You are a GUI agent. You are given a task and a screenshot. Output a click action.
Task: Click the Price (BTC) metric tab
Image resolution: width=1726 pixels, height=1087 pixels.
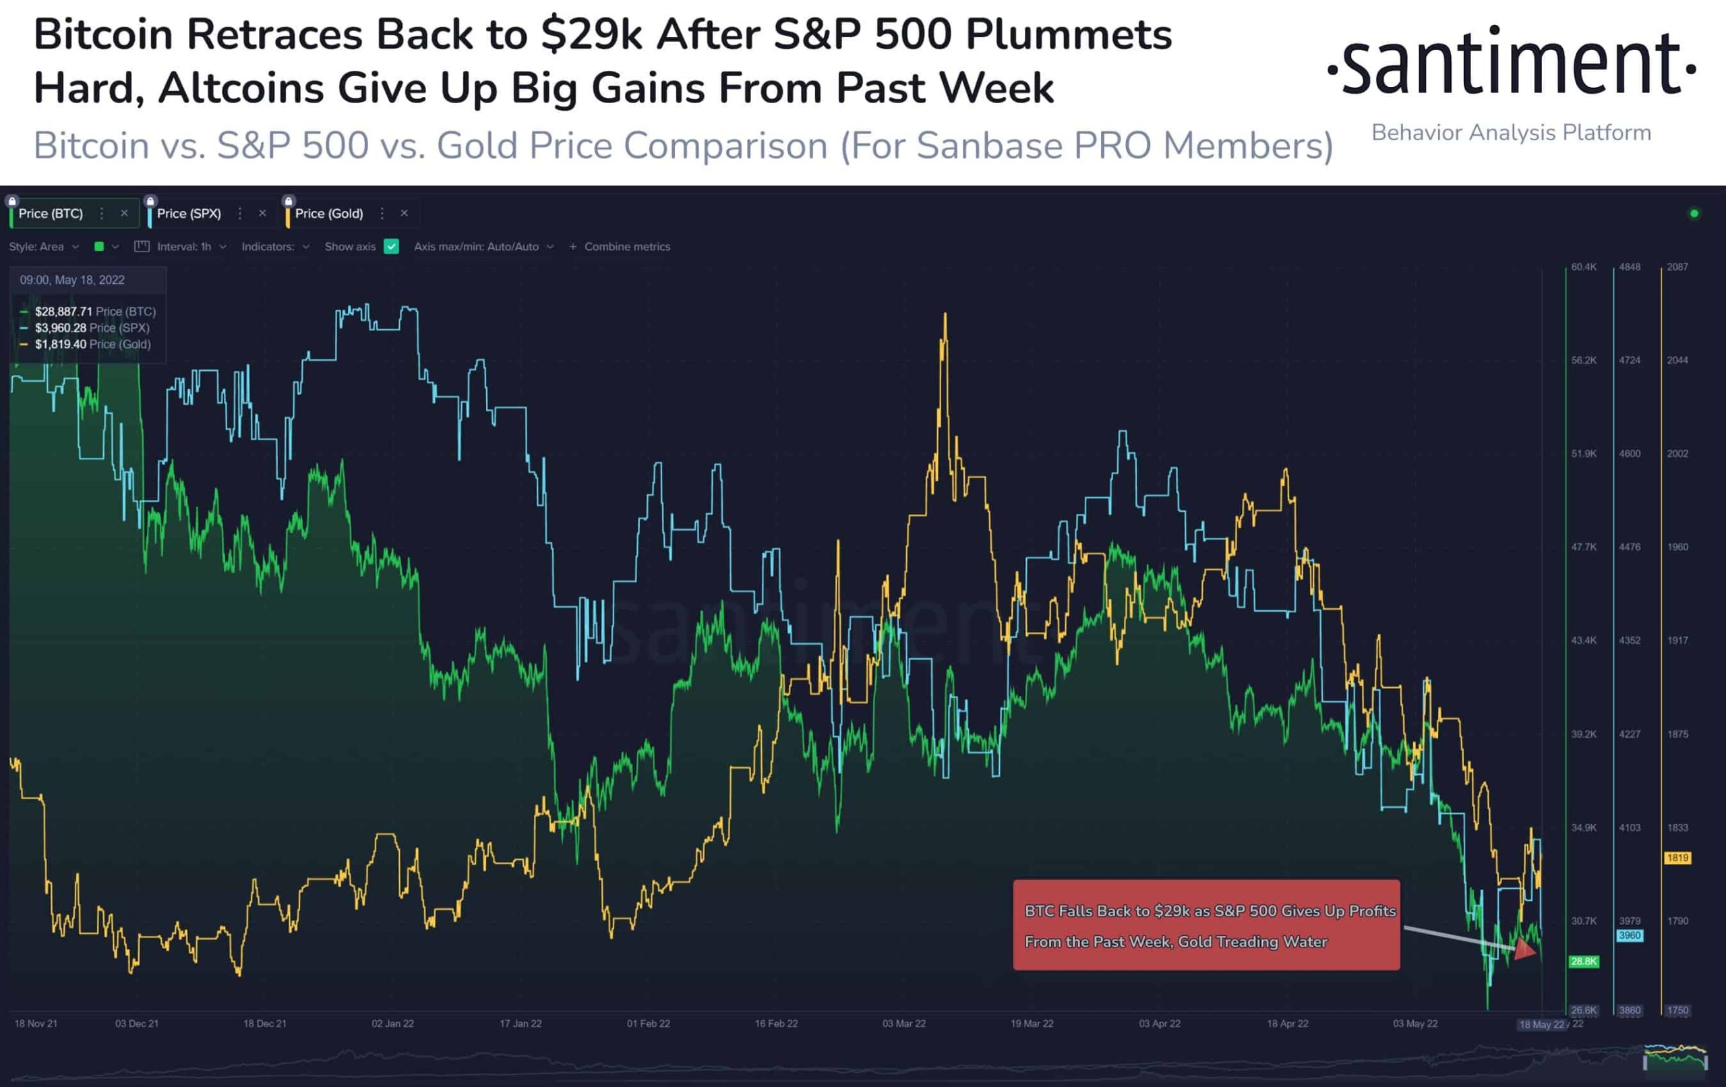point(50,214)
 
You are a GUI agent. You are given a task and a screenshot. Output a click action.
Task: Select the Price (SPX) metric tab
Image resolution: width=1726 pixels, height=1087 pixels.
point(189,214)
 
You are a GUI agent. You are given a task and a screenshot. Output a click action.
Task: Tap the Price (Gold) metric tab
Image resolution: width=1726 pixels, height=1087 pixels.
point(328,214)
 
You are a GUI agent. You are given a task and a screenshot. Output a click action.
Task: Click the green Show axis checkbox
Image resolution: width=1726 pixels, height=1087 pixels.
point(391,247)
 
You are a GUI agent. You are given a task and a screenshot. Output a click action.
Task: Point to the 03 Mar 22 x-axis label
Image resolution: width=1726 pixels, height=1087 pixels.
point(904,1024)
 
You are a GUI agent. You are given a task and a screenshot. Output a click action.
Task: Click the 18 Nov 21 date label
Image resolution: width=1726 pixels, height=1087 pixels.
point(36,1024)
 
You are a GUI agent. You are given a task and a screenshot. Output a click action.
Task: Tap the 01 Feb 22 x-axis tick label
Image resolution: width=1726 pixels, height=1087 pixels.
point(648,1024)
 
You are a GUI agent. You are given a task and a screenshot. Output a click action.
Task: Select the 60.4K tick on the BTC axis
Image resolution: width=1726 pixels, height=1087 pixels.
point(1583,267)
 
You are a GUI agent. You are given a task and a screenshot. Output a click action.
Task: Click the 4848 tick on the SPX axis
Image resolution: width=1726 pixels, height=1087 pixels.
point(1629,267)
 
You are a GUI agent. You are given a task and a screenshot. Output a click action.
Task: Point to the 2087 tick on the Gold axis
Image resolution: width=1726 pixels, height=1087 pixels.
point(1677,267)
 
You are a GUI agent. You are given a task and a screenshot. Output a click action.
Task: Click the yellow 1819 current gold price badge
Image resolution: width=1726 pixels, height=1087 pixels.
point(1677,858)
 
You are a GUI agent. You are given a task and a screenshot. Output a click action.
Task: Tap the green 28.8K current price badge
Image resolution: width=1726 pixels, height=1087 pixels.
point(1583,962)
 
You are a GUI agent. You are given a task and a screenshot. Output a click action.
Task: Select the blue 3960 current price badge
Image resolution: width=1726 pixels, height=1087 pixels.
point(1629,936)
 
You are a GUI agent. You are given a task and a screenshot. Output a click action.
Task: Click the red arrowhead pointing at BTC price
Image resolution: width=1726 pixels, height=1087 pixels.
point(1526,950)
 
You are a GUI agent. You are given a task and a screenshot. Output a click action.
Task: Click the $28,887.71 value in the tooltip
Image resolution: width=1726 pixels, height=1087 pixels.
point(63,311)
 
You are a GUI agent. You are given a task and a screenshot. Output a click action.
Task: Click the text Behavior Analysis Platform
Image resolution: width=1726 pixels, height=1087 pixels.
point(1511,133)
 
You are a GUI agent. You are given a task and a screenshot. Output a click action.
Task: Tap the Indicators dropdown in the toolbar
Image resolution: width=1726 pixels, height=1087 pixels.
point(274,247)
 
